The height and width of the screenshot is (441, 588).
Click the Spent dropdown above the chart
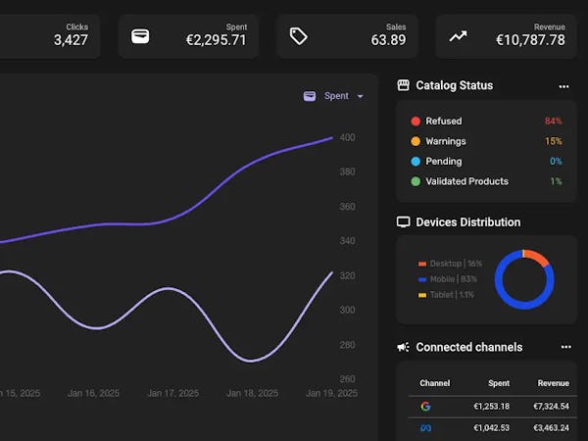[334, 96]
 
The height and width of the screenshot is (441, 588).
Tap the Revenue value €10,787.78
[530, 40]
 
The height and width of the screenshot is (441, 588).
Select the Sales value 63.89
[388, 40]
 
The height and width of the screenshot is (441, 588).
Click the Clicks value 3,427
[71, 40]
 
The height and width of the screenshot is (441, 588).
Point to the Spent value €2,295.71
[217, 40]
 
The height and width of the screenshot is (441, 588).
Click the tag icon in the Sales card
[299, 36]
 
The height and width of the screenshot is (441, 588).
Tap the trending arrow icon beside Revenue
[458, 36]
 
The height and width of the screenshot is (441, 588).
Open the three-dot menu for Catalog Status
[563, 86]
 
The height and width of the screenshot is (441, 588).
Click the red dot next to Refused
[416, 122]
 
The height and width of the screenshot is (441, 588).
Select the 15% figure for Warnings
[554, 141]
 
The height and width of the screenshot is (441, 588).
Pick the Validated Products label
[466, 181]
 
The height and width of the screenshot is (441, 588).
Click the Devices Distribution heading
[467, 222]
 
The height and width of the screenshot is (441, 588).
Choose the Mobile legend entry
[453, 279]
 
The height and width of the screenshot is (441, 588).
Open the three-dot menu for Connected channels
[565, 347]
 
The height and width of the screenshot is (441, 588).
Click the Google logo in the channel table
[425, 406]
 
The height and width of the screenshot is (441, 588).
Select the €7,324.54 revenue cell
[551, 406]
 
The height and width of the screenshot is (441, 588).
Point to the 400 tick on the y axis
[347, 137]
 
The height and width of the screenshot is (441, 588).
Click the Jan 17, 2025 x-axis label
[172, 393]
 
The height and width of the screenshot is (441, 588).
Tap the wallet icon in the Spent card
[140, 36]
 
